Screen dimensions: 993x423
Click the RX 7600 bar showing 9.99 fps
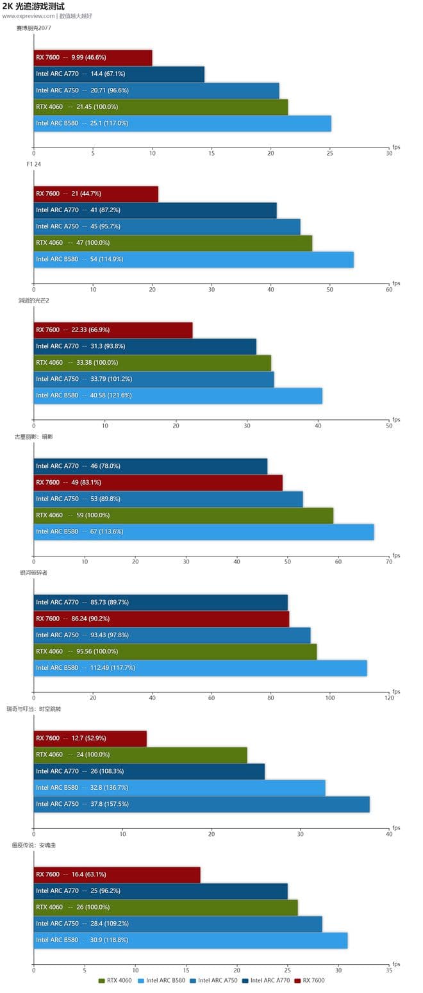(x=93, y=58)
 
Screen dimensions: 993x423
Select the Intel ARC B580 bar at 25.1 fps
(x=182, y=123)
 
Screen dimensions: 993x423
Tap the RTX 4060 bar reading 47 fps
(x=172, y=243)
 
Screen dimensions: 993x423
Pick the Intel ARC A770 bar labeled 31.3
(x=145, y=346)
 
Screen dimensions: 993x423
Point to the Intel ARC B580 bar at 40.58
(x=178, y=396)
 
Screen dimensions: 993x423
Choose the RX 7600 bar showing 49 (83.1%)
(x=158, y=483)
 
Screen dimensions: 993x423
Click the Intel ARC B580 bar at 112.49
(x=200, y=668)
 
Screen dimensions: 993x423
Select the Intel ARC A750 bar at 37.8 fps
(x=201, y=804)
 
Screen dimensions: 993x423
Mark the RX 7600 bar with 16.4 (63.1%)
(x=117, y=874)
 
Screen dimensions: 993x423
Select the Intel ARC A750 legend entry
(x=213, y=980)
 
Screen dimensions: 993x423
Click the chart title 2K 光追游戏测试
(x=33, y=6)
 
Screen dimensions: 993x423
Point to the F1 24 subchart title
(x=34, y=164)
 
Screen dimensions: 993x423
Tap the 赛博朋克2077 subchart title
(x=34, y=28)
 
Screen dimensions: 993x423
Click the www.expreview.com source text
(x=28, y=16)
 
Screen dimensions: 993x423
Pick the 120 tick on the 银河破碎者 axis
(x=389, y=698)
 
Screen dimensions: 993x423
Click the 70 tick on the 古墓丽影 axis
(x=389, y=562)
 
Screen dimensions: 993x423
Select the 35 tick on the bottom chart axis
(x=389, y=971)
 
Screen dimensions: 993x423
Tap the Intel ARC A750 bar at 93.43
(x=172, y=635)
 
